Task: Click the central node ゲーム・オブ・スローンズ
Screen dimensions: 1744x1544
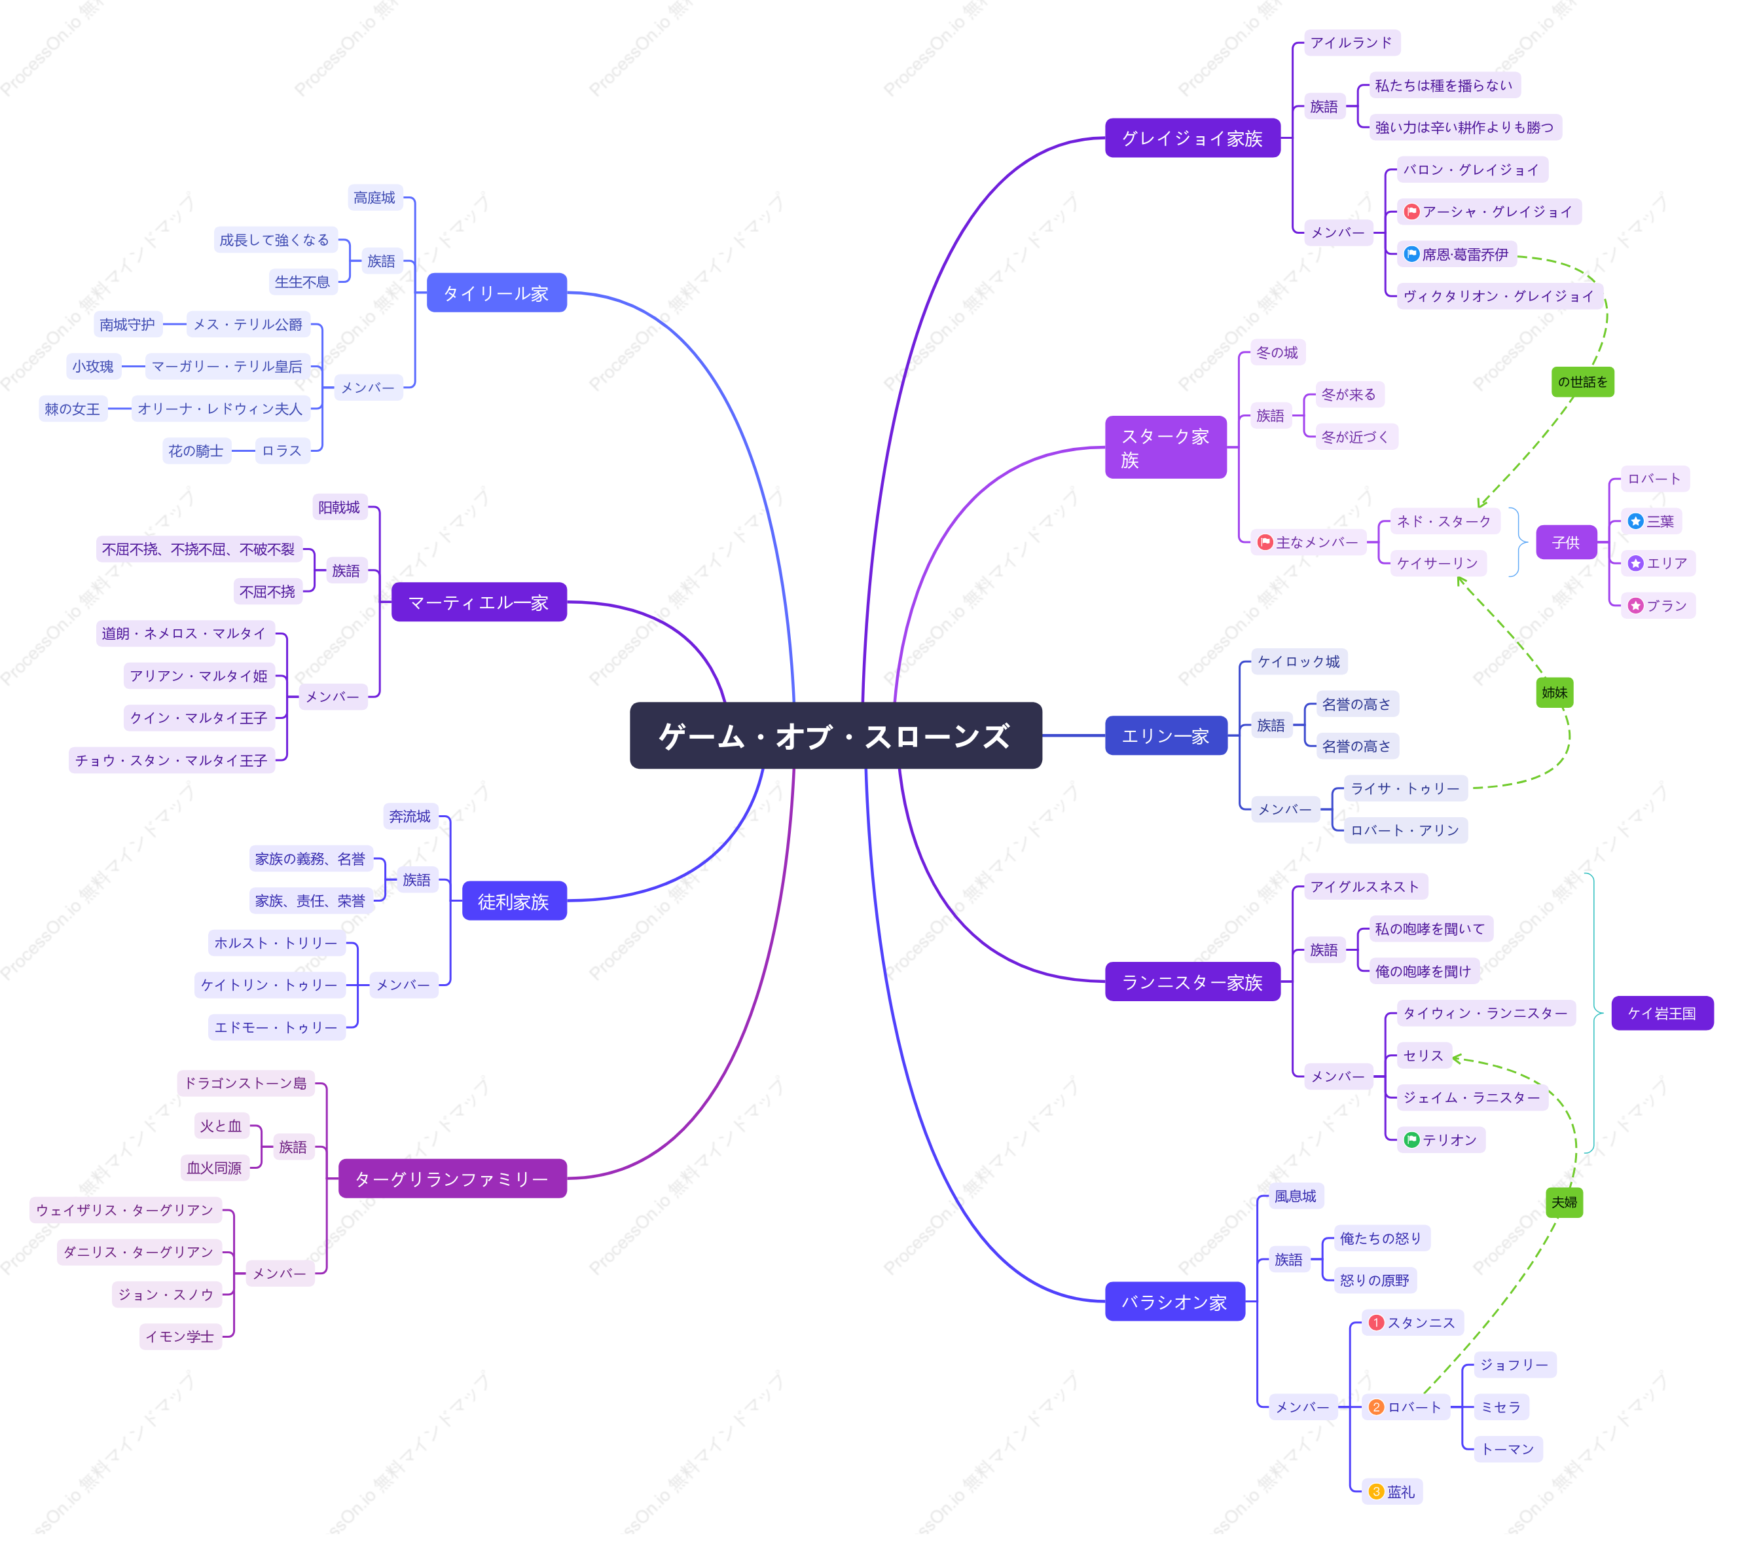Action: (835, 736)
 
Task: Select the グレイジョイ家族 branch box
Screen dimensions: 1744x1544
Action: (1192, 138)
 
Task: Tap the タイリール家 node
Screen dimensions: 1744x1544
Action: (497, 293)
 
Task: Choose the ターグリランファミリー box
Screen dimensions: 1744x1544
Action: (452, 1179)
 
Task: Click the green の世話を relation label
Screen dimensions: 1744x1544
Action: (1582, 382)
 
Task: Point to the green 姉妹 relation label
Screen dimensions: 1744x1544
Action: (1555, 692)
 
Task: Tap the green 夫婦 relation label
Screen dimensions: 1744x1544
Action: (1564, 1202)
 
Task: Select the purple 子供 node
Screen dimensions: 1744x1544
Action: (1566, 542)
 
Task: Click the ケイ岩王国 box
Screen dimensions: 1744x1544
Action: (1662, 1013)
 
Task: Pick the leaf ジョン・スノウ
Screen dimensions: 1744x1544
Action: (166, 1294)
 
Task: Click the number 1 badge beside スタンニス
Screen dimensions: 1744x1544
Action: (1375, 1322)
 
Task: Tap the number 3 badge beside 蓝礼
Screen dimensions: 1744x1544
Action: (1375, 1491)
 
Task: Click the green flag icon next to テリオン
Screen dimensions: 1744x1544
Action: (1411, 1139)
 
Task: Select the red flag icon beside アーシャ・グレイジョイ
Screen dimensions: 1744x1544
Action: (1411, 211)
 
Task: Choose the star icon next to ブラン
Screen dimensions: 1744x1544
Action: (1635, 605)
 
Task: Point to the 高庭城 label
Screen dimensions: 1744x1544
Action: (374, 197)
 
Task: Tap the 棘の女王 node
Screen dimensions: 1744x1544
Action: (73, 409)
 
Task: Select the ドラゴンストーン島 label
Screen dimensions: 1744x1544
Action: (245, 1083)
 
